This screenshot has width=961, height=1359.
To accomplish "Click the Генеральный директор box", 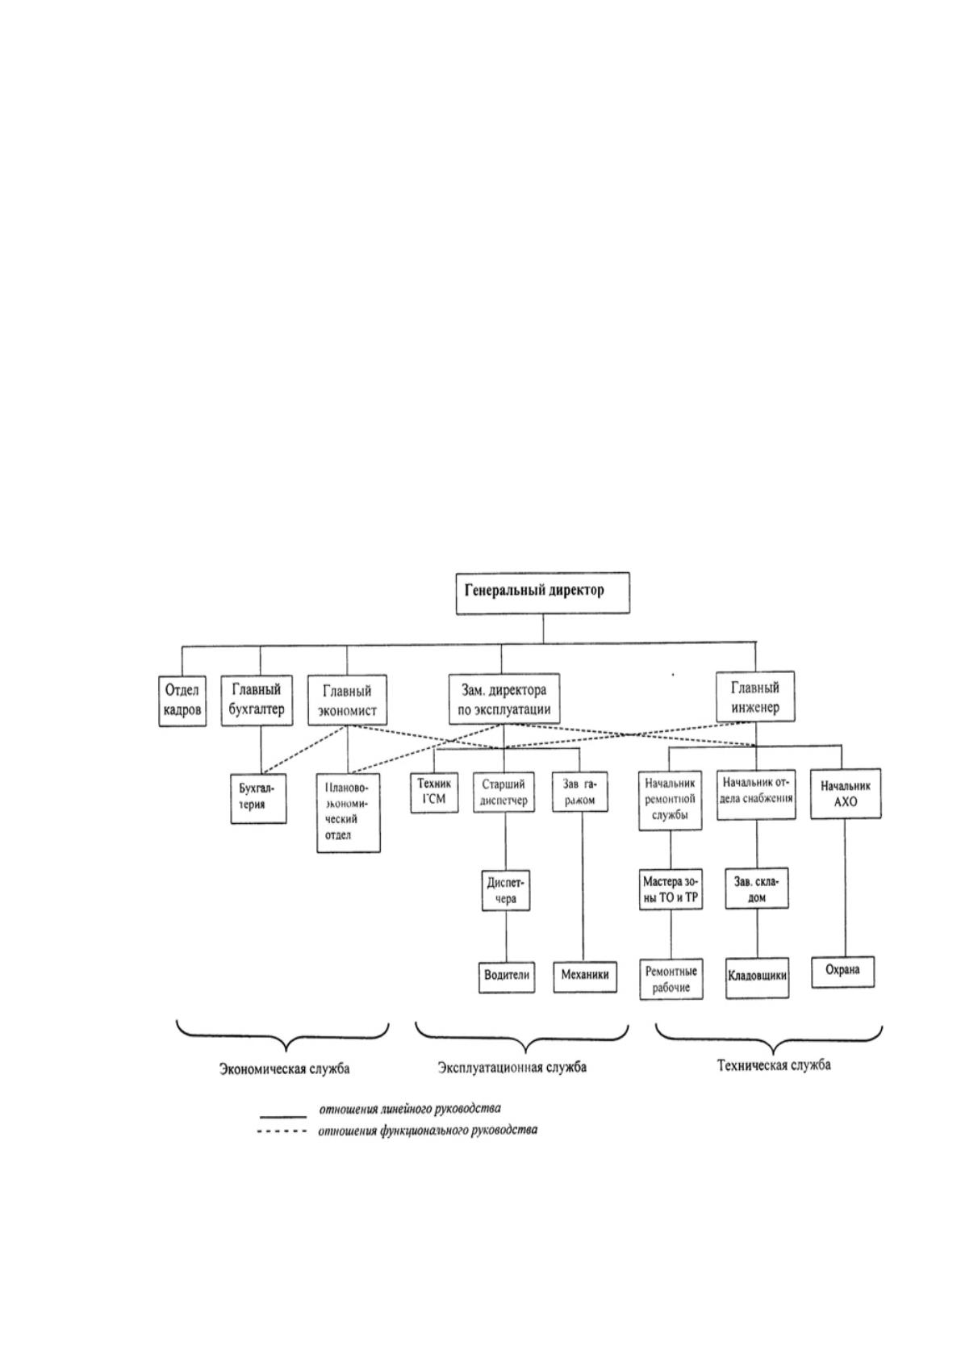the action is (542, 592).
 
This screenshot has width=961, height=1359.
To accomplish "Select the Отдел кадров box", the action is (182, 700).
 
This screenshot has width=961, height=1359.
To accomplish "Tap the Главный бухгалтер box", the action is (257, 700).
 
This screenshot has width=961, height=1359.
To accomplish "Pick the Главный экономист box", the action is (347, 700).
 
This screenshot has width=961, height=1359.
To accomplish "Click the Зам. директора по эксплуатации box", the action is (503, 699).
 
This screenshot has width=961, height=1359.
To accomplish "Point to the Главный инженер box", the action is (755, 696).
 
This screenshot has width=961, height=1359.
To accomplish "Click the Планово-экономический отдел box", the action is (349, 813).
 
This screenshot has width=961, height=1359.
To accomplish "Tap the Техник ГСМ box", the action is (434, 793).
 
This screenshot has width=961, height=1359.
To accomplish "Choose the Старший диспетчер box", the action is (504, 793).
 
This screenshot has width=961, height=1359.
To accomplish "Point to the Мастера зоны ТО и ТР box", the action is (671, 890).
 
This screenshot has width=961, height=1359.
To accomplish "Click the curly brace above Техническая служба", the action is (769, 1050).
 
